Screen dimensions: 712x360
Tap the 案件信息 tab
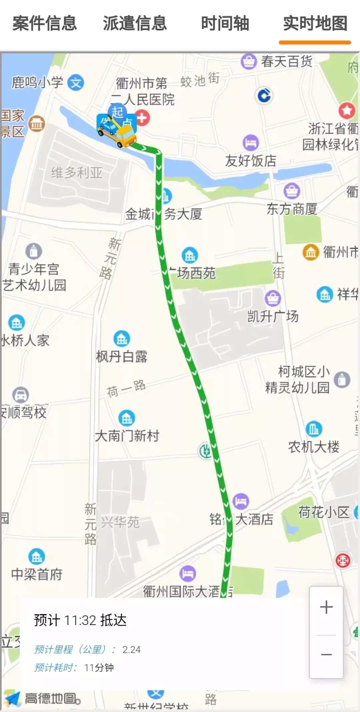45,23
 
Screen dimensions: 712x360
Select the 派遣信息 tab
135,23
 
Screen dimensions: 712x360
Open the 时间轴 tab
225,23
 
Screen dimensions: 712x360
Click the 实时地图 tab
315,23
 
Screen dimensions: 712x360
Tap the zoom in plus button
326,607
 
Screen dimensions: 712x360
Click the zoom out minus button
326,655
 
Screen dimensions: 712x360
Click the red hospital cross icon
142,118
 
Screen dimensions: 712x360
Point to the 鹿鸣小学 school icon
76,83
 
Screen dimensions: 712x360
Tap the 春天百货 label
286,61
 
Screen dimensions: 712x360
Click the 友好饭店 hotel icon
251,143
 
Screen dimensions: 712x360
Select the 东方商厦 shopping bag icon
292,191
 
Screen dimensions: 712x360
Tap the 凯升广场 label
273,316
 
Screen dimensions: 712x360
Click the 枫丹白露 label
122,356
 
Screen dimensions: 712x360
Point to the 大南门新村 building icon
127,418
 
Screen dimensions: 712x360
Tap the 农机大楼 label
314,447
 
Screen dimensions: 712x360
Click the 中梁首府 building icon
37,556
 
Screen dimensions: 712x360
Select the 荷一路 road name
126,389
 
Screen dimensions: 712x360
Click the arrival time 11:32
80,620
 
